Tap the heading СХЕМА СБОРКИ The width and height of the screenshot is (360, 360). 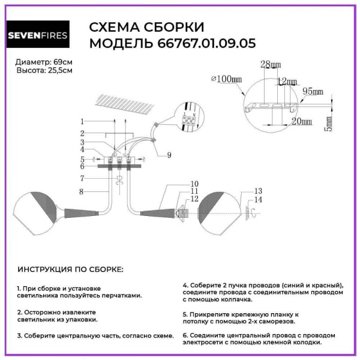146,28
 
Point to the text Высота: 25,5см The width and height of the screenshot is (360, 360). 45,70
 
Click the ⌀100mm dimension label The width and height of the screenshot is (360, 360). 226,79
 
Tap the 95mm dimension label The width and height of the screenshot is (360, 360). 312,92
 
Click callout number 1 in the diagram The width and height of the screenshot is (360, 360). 82,122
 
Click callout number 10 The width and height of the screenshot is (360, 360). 194,184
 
